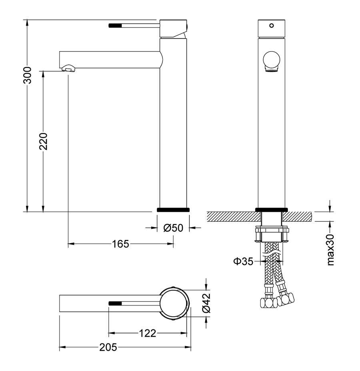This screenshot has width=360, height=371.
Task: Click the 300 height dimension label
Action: point(27,75)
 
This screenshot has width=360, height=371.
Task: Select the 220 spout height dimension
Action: point(43,141)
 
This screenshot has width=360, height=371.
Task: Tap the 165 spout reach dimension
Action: point(120,243)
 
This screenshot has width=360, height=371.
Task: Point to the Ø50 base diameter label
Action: point(173,228)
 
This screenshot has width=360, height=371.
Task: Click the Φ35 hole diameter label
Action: point(243,261)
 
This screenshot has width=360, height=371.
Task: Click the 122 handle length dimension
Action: point(147,333)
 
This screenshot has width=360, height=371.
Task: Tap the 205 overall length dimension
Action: point(108,347)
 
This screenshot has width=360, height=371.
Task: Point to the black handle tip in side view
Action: point(115,26)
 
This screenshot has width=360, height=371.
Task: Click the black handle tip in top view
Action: point(115,303)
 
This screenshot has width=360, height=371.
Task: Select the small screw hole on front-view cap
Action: point(272,26)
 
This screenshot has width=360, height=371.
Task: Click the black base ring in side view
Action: point(173,209)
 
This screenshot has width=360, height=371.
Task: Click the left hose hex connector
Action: point(268,302)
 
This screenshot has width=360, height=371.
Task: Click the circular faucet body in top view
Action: point(174,303)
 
